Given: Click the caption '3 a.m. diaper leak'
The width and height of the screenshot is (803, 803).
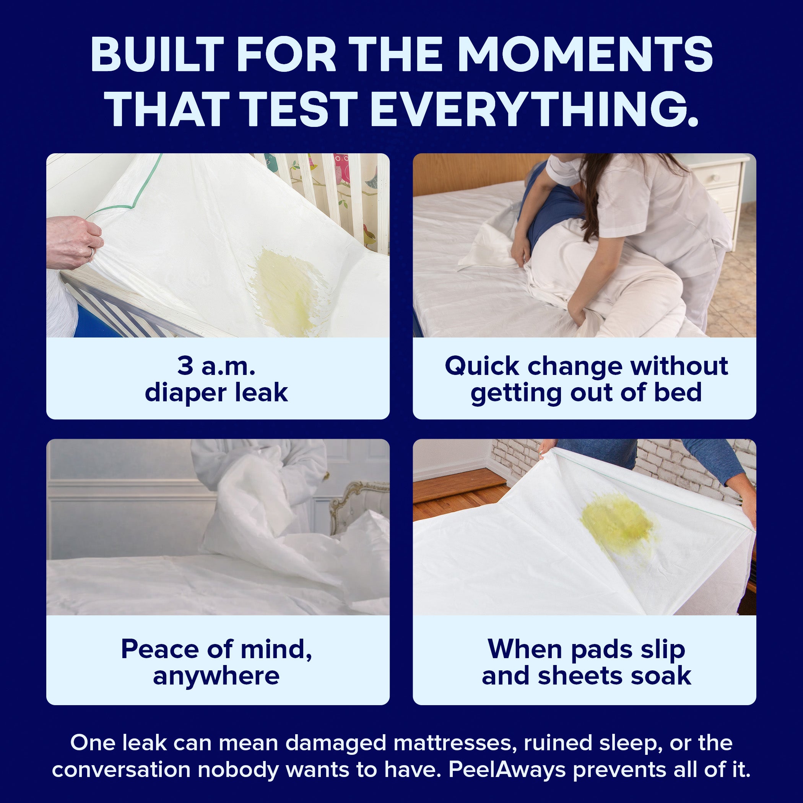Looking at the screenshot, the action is (x=216, y=379).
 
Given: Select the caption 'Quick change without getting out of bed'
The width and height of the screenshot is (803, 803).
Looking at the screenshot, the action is (x=586, y=379).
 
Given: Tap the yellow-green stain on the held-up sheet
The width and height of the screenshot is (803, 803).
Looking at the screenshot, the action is (x=619, y=524).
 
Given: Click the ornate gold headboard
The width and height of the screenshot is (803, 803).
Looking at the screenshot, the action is (x=358, y=505).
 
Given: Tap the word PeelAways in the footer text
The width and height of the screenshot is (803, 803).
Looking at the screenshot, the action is (x=507, y=770).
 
